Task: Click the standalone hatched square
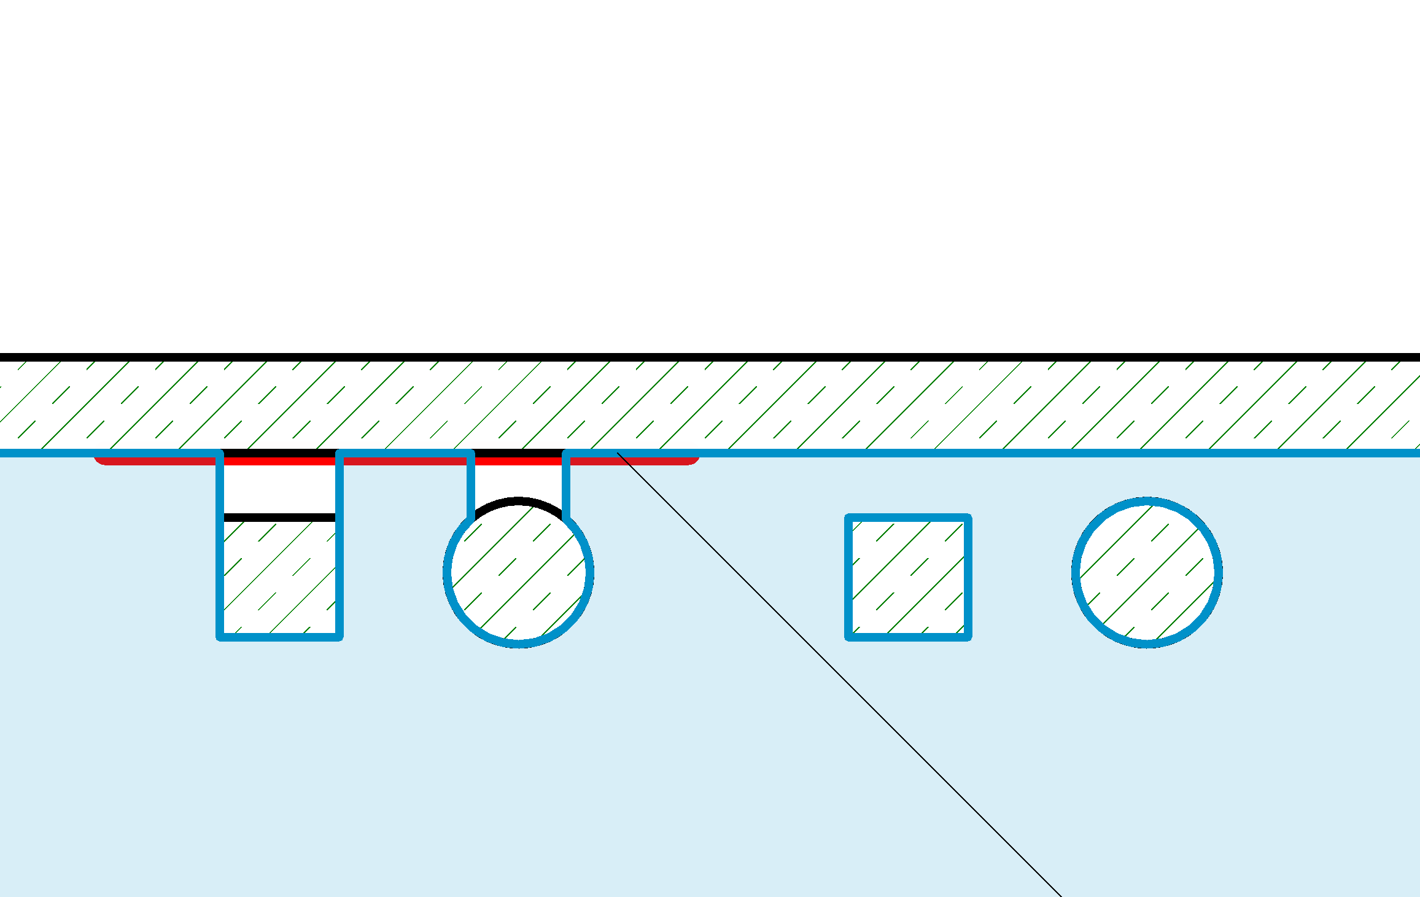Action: pos(908,577)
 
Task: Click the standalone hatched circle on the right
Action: pos(1147,572)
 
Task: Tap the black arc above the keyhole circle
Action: pos(518,501)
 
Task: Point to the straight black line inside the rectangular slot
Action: pos(279,518)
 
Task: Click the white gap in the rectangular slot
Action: pos(279,489)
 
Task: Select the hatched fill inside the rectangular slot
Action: pos(279,577)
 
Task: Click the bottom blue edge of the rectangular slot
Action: pos(279,637)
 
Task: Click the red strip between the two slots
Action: pos(405,460)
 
